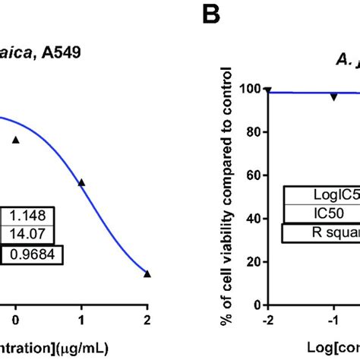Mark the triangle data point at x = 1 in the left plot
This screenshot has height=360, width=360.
tap(81, 182)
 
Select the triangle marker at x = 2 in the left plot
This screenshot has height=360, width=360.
tap(147, 273)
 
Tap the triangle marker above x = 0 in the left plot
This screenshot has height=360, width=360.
tap(15, 140)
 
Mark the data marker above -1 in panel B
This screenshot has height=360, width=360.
tap(333, 97)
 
